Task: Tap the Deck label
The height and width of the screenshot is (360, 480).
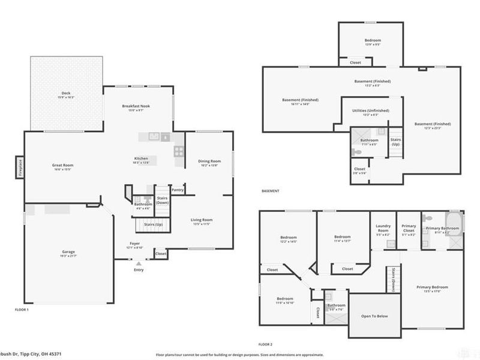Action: pyautogui.click(x=66, y=94)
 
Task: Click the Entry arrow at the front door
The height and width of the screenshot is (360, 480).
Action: pyautogui.click(x=139, y=263)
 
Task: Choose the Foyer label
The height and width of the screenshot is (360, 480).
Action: pyautogui.click(x=134, y=244)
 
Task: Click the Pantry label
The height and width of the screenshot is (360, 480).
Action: pyautogui.click(x=177, y=190)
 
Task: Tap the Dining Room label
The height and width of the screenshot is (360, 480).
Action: pyautogui.click(x=209, y=161)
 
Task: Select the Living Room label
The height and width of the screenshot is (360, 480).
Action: pyautogui.click(x=202, y=220)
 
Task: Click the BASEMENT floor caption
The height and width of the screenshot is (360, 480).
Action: pyautogui.click(x=271, y=191)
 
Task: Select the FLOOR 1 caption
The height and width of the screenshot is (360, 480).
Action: pyautogui.click(x=22, y=310)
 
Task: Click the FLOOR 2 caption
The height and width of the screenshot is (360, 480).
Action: pyautogui.click(x=265, y=344)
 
